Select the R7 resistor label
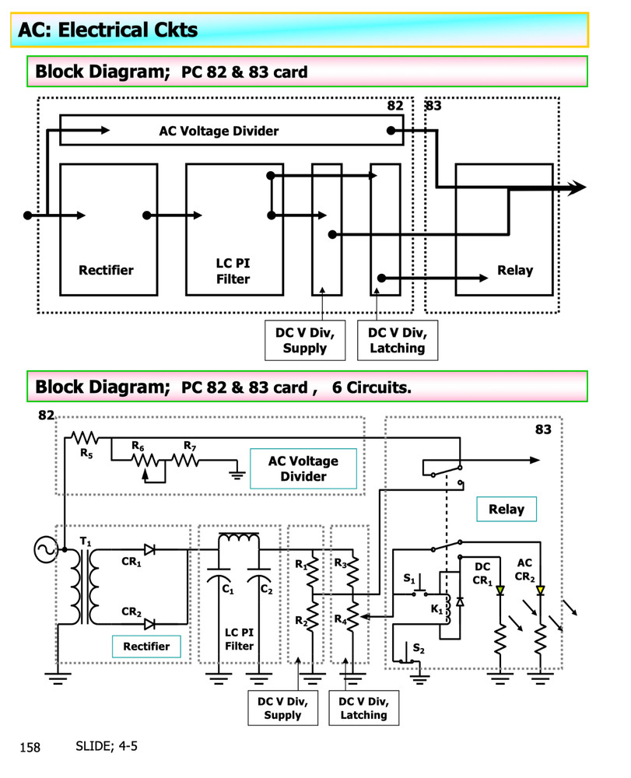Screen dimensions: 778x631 (x=189, y=445)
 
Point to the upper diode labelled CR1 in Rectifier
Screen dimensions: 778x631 (x=149, y=550)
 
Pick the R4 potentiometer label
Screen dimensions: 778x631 (x=340, y=619)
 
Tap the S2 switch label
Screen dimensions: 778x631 (x=419, y=647)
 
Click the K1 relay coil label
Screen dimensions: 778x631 (x=436, y=609)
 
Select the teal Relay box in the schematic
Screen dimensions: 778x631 (x=506, y=510)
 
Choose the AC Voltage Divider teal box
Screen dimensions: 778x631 (x=303, y=468)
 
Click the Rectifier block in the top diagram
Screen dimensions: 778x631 (x=108, y=229)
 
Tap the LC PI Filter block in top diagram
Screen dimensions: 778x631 (x=233, y=229)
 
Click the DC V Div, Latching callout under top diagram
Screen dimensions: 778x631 (x=397, y=340)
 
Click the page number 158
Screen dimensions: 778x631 (x=30, y=748)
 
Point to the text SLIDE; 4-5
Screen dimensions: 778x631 (x=107, y=746)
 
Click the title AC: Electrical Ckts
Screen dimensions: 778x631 (x=108, y=30)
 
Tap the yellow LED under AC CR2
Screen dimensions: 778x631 (x=541, y=591)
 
